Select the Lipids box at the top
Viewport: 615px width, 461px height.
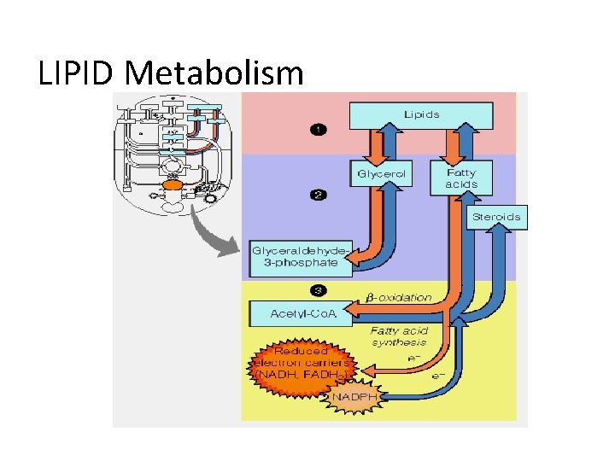421,114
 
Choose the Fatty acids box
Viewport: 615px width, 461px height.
461,178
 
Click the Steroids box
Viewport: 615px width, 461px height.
496,217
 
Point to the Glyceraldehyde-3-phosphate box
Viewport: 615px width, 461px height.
299,256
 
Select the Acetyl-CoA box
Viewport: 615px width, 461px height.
302,313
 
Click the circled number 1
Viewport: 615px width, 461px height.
318,130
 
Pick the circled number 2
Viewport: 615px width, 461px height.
318,195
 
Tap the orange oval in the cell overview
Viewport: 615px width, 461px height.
172,184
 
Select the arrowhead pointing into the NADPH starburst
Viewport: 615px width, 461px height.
384,396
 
